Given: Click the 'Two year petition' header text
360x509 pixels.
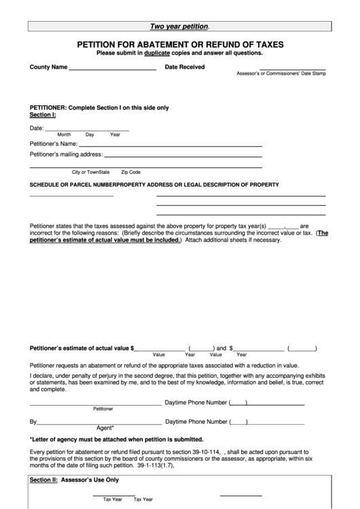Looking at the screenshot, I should coord(179,27).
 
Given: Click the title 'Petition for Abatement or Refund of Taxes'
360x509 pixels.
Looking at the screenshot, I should coord(180,44).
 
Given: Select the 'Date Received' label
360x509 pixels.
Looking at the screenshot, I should coord(185,67).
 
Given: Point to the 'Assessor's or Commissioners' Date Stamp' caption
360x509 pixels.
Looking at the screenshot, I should coord(281,73).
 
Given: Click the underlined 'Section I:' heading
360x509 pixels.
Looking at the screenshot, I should coord(43,115).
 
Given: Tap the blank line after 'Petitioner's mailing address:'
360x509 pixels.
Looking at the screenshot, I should coord(183,156).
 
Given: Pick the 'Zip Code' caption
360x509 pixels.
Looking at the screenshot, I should coord(130,172).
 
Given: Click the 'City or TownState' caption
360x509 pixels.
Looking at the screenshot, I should coord(90,172).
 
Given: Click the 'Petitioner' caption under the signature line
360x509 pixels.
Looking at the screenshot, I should coord(103,408).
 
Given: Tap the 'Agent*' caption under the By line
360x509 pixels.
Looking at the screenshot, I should coord(105,427).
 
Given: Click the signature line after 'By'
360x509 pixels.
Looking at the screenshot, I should coord(99,423).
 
